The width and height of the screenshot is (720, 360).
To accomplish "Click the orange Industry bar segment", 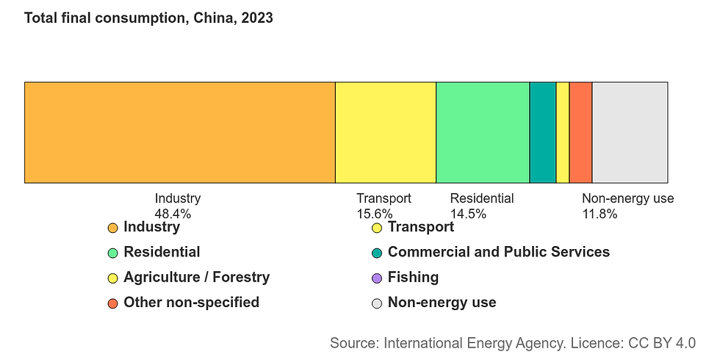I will pyautogui.click(x=179, y=132).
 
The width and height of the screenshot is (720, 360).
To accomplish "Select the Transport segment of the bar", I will pyautogui.click(x=385, y=132).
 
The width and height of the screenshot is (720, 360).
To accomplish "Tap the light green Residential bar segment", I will pyautogui.click(x=482, y=132).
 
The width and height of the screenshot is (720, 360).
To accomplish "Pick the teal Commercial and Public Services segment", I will pyautogui.click(x=542, y=132).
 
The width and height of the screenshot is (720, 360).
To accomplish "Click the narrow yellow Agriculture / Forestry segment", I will pyautogui.click(x=562, y=132).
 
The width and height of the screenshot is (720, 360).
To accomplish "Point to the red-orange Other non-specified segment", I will pyautogui.click(x=580, y=132).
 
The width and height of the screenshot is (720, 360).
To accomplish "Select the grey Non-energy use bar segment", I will pyautogui.click(x=630, y=132).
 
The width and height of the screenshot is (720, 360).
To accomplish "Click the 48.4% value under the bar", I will pyautogui.click(x=173, y=215).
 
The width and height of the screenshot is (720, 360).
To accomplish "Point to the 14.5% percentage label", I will pyautogui.click(x=468, y=215).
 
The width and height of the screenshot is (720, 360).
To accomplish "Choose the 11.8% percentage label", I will pyautogui.click(x=600, y=215).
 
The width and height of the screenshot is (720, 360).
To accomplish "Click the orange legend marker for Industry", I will pyautogui.click(x=112, y=228).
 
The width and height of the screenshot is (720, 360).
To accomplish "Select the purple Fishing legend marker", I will pyautogui.click(x=377, y=278).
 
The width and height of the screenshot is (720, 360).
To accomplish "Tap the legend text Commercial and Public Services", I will pyautogui.click(x=498, y=252).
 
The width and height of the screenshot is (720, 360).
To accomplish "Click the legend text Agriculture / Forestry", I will pyautogui.click(x=196, y=277).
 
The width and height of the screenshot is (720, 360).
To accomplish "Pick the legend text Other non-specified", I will pyautogui.click(x=191, y=302).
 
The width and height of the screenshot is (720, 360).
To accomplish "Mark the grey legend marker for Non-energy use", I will pyautogui.click(x=377, y=303).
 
